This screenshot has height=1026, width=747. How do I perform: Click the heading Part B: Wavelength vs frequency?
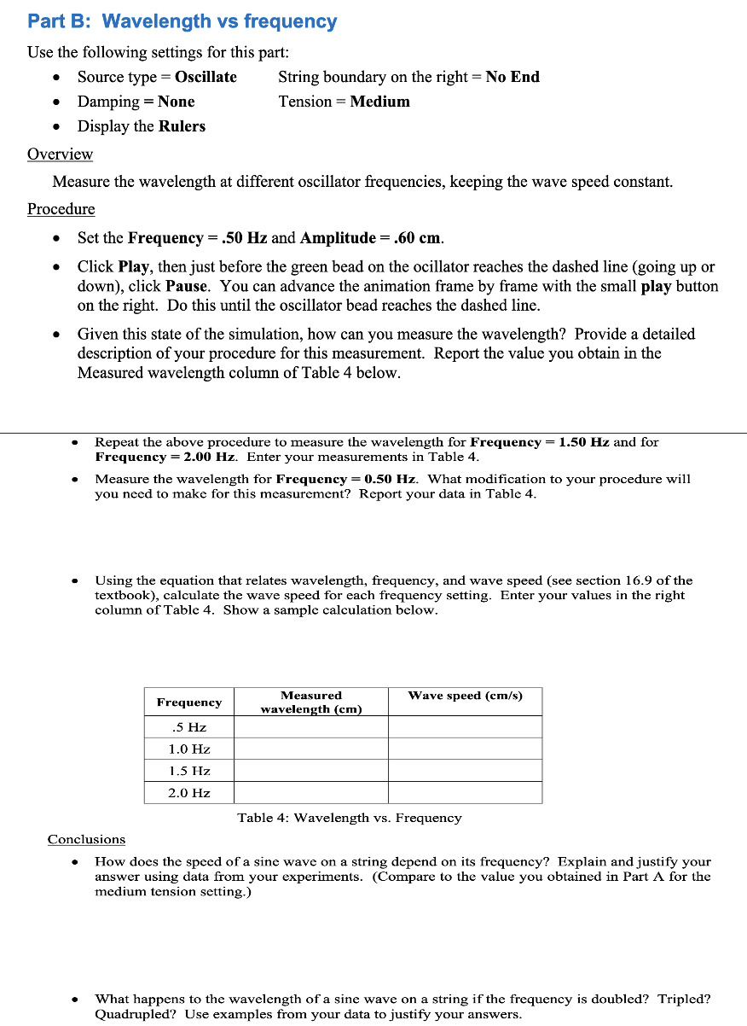[182, 21]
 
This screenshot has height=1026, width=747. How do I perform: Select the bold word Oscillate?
[206, 77]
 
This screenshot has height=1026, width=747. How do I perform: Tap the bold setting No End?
[512, 77]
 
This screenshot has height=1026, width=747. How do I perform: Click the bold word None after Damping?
[176, 102]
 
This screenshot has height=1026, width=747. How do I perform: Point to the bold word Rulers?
[182, 126]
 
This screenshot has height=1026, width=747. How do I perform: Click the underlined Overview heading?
[60, 154]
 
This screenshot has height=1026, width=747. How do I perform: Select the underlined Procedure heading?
[61, 209]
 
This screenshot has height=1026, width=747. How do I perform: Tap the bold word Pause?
[186, 286]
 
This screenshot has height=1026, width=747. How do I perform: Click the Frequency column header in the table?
[188, 702]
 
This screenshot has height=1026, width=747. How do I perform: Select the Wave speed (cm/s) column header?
[465, 696]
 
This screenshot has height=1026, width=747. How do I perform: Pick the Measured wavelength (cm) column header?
[310, 702]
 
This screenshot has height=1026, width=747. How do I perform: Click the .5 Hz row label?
[188, 727]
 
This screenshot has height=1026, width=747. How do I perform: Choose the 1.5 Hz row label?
[188, 771]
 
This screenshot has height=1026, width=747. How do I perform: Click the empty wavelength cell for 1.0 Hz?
[310, 749]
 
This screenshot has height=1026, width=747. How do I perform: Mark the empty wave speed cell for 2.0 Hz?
[465, 793]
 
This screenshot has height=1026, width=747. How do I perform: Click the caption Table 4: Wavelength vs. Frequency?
[349, 818]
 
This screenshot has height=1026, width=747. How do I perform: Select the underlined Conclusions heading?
[86, 840]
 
